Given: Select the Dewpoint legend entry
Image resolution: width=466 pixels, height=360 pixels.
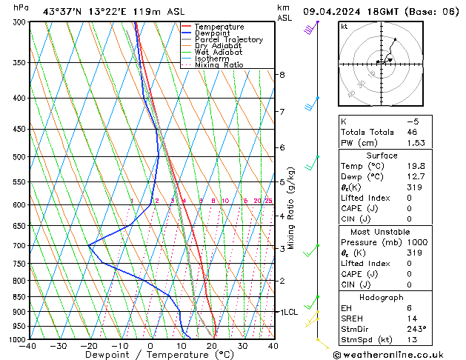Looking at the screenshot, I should pyautogui.click(x=213, y=33).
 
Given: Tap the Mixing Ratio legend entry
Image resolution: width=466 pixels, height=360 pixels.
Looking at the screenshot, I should pyautogui.click(x=219, y=65).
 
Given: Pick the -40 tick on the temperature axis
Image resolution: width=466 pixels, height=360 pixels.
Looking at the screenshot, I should pyautogui.click(x=28, y=346).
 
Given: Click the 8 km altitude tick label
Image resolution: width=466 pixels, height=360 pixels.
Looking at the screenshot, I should pyautogui.click(x=282, y=75).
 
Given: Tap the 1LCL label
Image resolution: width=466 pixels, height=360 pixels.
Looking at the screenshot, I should pyautogui.click(x=287, y=313).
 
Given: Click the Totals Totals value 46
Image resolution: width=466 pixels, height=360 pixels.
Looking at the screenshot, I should pyautogui.click(x=411, y=132).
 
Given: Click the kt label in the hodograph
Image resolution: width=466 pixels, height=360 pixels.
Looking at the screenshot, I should pyautogui.click(x=344, y=26).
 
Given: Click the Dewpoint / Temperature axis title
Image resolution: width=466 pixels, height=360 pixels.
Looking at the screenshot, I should pyautogui.click(x=150, y=355).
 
